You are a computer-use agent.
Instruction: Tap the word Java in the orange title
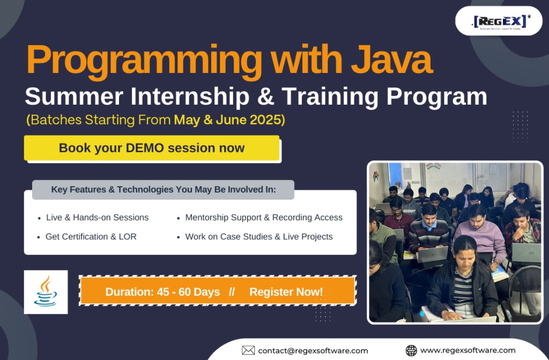tap(392, 59)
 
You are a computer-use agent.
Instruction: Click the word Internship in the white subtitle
tap(189, 97)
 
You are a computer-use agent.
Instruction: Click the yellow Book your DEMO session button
tap(152, 148)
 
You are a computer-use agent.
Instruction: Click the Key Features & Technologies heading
tap(164, 189)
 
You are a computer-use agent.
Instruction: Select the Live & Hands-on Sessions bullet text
tap(98, 218)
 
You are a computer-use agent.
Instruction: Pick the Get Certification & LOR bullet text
tap(91, 237)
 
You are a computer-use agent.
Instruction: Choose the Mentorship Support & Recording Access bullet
tap(264, 218)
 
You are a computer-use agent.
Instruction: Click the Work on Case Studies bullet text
tap(259, 237)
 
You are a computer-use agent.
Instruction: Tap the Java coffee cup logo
tap(46, 292)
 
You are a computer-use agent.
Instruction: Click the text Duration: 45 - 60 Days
tap(162, 292)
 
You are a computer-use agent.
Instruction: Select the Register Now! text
tap(286, 292)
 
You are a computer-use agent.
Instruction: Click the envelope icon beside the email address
tap(248, 350)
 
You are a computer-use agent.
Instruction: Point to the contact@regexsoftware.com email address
tap(313, 350)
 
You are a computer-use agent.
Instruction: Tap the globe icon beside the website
tap(411, 350)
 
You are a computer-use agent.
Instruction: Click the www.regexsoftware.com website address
tap(468, 350)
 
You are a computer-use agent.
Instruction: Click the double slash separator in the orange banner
tap(232, 292)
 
